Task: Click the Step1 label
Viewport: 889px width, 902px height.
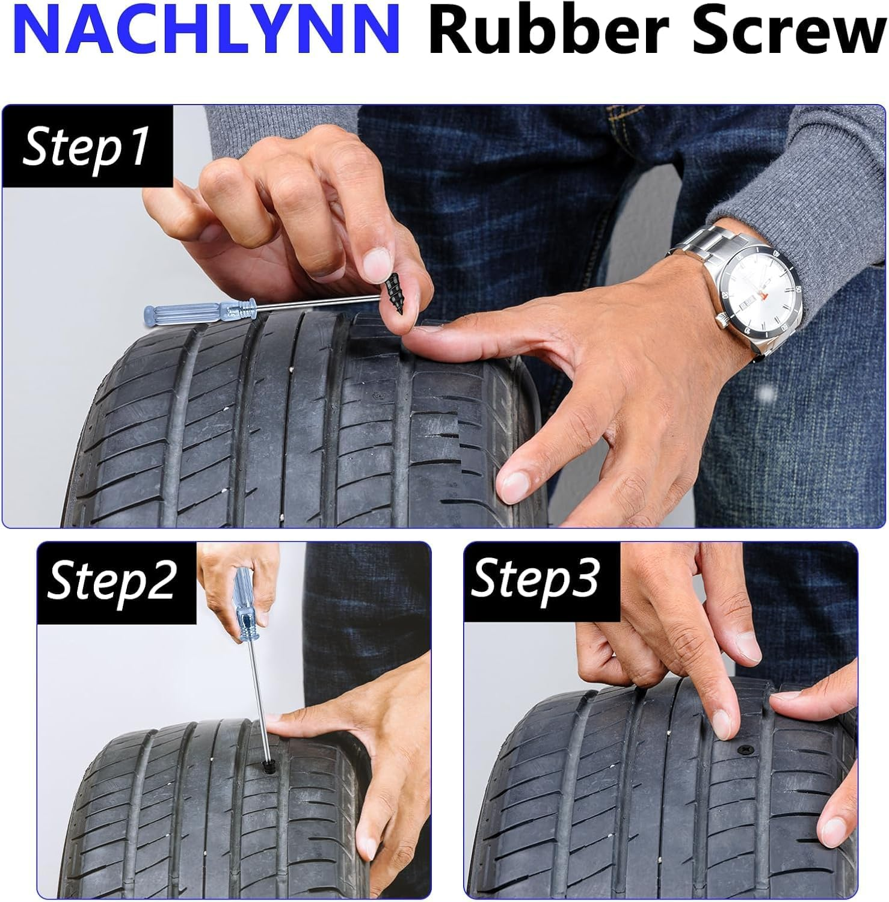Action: tap(85, 147)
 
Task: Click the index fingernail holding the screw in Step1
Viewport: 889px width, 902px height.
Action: tap(377, 262)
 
